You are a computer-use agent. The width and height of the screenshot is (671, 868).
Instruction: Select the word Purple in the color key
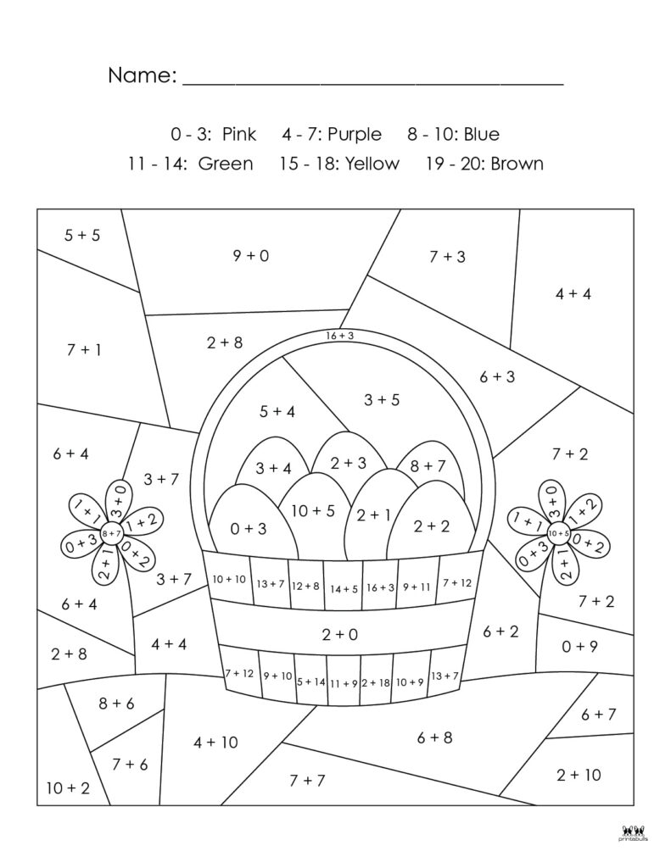pos(354,134)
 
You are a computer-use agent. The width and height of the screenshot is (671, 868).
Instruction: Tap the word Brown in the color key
pos(517,164)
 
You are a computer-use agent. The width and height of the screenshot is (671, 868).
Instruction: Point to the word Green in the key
pos(226,164)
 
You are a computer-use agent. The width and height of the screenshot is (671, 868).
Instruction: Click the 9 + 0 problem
pos(251,254)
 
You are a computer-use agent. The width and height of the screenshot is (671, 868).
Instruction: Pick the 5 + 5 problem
pos(82,235)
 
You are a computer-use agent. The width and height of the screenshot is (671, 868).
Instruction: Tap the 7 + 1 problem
pos(83,348)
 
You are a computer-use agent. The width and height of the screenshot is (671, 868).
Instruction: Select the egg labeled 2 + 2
pos(432,526)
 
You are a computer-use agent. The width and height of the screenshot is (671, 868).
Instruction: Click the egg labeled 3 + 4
pos(273,468)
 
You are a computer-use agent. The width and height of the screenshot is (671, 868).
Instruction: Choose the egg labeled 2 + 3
pos(348,463)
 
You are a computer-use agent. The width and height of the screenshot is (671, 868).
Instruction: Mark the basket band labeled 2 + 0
pos(340,634)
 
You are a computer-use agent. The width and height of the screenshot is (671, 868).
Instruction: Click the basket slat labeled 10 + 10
pos(229,580)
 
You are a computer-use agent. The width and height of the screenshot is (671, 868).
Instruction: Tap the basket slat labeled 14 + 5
pos(344,588)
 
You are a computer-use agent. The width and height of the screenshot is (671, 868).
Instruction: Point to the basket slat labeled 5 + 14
pos(311,682)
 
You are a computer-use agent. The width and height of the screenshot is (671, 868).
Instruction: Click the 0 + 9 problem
pos(580,646)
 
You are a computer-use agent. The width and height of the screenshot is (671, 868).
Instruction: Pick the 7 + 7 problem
pos(307,780)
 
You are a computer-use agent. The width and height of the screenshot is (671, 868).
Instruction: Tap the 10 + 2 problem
pos(68,787)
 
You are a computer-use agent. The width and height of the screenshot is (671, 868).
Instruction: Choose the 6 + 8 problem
pos(434,737)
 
